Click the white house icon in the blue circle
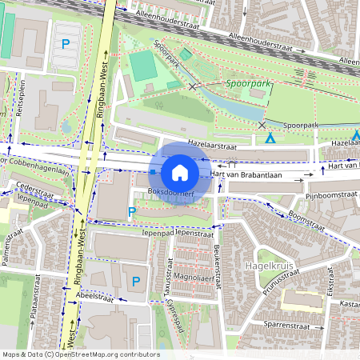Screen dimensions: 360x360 coord(180,172)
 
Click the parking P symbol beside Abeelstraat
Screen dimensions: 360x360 coord(136,281)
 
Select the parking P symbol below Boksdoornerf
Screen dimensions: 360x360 coord(132,211)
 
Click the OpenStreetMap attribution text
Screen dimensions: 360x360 coord(80,354)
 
